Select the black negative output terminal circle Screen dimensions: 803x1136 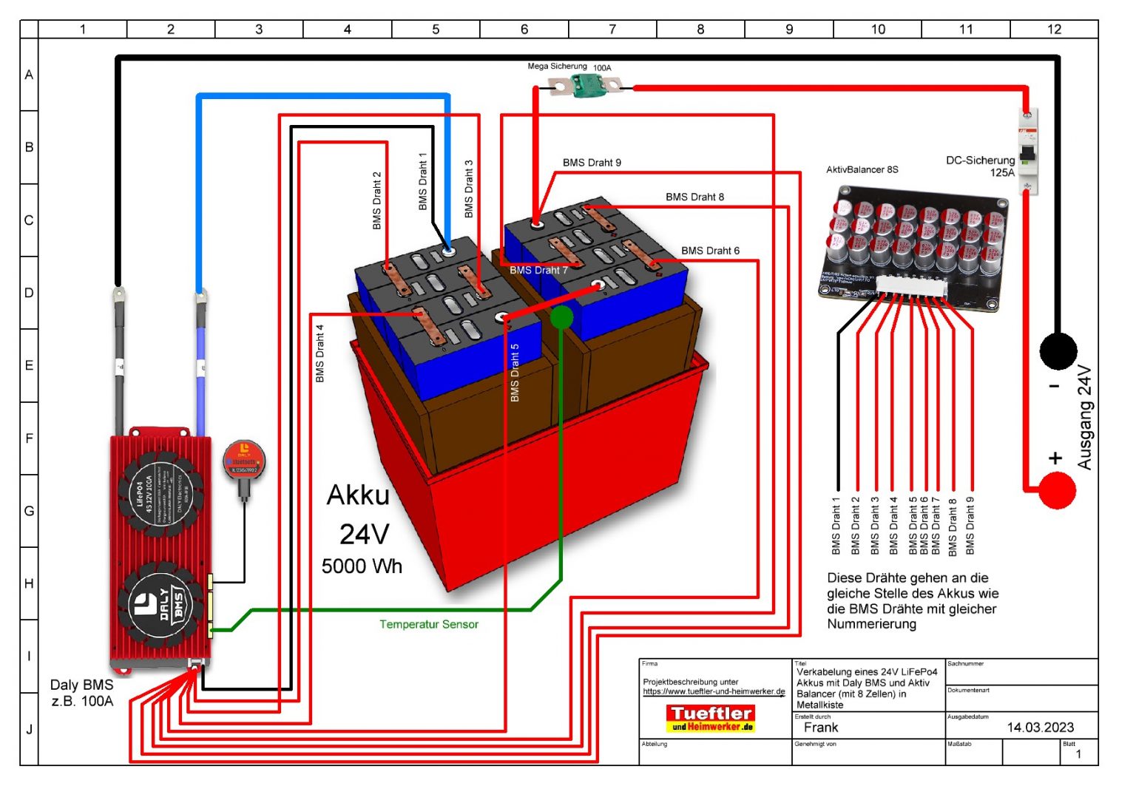click(x=1058, y=351)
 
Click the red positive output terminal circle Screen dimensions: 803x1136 click(x=1057, y=490)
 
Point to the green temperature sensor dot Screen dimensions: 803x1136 click(x=562, y=317)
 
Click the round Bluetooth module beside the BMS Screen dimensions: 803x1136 click(x=243, y=461)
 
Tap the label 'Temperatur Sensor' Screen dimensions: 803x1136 click(x=429, y=625)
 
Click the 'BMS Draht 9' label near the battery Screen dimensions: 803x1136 click(x=592, y=163)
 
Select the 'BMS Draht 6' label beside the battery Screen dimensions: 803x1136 click(x=710, y=251)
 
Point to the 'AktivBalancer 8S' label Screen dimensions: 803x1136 click(x=862, y=170)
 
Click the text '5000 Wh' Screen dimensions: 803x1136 click(x=362, y=566)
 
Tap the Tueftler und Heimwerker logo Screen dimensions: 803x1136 click(x=710, y=718)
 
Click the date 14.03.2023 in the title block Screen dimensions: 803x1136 click(x=1040, y=728)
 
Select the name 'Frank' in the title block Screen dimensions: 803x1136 click(x=821, y=728)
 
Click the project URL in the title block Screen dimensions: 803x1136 click(x=714, y=692)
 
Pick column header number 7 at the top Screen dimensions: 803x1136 click(x=612, y=30)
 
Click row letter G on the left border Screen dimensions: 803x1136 click(x=30, y=511)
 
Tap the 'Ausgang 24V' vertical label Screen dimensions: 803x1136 click(x=1084, y=418)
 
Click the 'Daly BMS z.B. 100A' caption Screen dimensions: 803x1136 click(x=82, y=693)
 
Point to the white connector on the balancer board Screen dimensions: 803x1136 click(x=910, y=288)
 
